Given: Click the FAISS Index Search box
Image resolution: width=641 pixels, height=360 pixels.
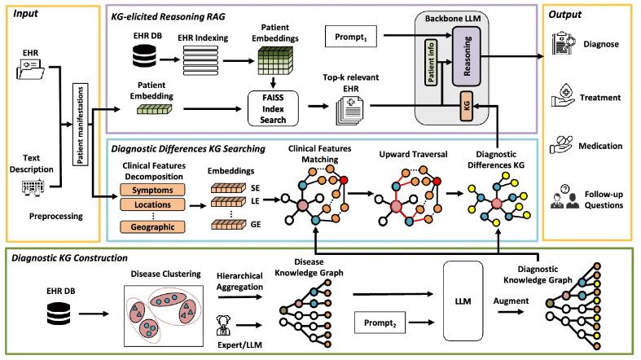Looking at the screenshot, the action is (273, 108).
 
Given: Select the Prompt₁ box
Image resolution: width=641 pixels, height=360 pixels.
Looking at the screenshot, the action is (351, 37).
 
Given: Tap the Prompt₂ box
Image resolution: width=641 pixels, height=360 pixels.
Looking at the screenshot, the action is (380, 323).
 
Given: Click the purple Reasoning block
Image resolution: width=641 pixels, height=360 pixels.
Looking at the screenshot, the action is (466, 56).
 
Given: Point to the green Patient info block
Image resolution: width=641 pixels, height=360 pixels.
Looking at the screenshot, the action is (431, 62).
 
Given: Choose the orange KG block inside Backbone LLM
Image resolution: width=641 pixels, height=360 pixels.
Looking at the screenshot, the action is (467, 106).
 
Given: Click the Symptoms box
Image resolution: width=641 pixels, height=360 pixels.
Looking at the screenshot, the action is (152, 190).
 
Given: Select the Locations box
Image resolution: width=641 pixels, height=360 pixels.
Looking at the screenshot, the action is (152, 204).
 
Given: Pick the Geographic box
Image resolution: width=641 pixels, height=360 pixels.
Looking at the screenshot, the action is (152, 226).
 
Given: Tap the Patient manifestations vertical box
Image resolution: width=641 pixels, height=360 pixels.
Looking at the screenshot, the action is (80, 125).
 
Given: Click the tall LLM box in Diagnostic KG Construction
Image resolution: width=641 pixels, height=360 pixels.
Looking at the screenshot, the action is (463, 301).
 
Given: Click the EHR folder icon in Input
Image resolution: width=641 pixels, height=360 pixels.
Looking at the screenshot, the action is (31, 68).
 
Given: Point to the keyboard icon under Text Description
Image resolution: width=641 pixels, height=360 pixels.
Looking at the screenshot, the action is (33, 187).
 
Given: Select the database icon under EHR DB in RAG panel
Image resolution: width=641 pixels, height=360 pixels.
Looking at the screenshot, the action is (144, 55).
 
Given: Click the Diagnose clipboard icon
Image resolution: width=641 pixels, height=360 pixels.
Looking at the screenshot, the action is (564, 43).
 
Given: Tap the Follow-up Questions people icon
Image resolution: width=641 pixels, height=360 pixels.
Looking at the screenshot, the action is (564, 196).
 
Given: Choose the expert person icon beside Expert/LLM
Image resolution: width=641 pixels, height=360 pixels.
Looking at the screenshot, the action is (223, 325).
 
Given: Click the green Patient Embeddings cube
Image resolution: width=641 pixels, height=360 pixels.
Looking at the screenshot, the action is (275, 60).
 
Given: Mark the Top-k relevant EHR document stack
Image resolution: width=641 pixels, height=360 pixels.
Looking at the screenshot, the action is (349, 110).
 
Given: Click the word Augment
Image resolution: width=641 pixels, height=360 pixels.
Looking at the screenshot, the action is (511, 301).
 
